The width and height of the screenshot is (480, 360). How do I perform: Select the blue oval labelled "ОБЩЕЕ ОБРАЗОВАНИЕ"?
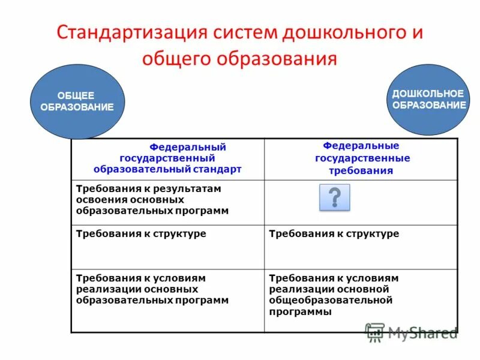77,101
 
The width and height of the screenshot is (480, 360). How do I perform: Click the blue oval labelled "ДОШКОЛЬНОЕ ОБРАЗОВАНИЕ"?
428,100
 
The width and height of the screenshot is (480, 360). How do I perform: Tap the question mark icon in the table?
334,197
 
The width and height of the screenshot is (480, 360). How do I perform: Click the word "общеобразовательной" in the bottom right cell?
331,300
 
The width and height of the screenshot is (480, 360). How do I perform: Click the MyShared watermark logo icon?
375,332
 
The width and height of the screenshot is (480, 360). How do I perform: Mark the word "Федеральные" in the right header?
362,146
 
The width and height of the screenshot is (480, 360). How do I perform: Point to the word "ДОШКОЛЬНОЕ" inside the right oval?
428,94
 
